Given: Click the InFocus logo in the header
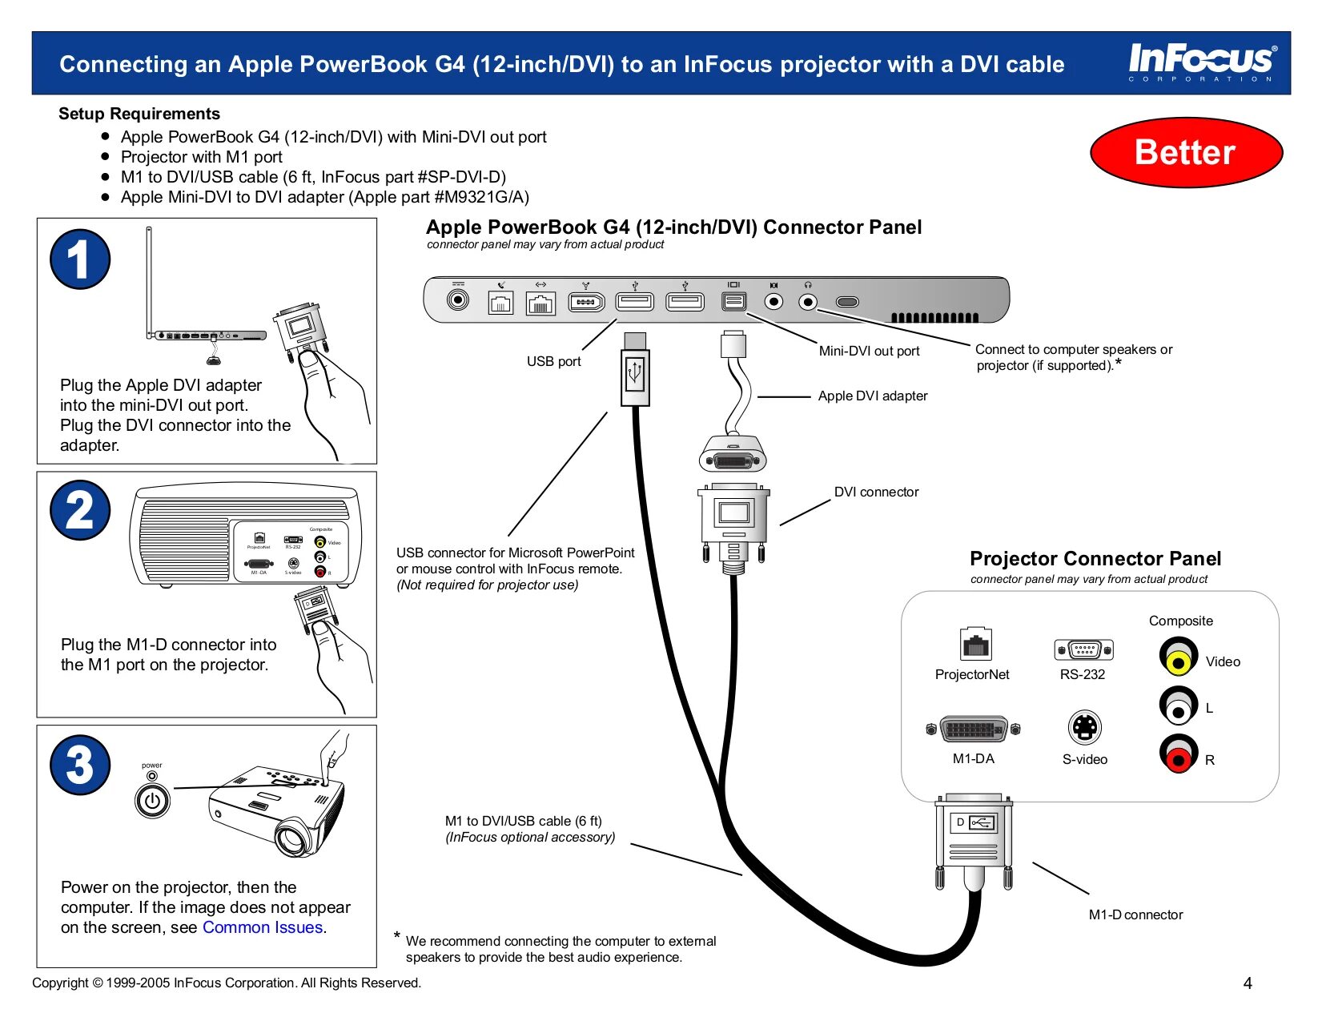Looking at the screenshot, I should tap(1202, 61).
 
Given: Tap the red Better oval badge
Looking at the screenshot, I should tap(1186, 152).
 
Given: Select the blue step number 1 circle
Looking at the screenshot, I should tap(80, 259).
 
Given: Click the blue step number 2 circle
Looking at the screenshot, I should tap(80, 510).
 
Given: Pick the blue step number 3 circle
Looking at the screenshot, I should tap(80, 765).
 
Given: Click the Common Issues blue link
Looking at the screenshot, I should tap(263, 927).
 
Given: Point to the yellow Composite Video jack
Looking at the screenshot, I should tap(1178, 660).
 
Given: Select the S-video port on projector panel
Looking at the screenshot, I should tap(1085, 727).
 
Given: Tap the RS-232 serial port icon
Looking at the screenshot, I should tap(1084, 649).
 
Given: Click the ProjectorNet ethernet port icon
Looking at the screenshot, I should tap(975, 644).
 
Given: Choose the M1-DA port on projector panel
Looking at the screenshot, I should tap(973, 730).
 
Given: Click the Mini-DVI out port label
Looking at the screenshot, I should tap(869, 351).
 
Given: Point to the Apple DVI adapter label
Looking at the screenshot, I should tap(873, 396).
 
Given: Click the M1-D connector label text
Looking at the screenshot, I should tap(1135, 914).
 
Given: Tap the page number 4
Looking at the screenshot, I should tap(1247, 983).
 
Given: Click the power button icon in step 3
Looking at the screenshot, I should tap(152, 800).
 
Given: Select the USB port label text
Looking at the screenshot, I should tap(553, 361).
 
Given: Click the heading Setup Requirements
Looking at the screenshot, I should tap(139, 114).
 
